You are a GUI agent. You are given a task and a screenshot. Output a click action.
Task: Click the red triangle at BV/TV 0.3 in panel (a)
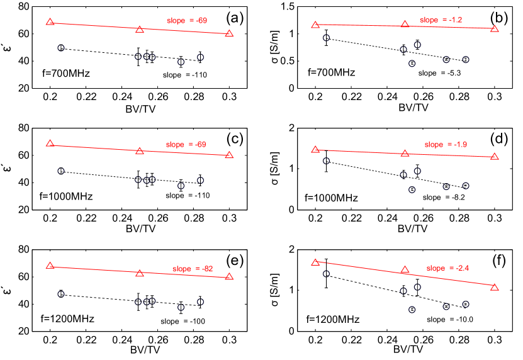pyautogui.click(x=229, y=33)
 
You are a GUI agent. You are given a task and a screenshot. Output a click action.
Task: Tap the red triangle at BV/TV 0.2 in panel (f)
pyautogui.click(x=315, y=262)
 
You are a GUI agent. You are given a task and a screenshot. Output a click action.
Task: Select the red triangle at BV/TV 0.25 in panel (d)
pyautogui.click(x=405, y=153)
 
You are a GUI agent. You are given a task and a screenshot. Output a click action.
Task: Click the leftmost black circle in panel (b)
pyautogui.click(x=326, y=38)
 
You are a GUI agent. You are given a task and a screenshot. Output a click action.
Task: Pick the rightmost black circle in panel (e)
pyautogui.click(x=200, y=302)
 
